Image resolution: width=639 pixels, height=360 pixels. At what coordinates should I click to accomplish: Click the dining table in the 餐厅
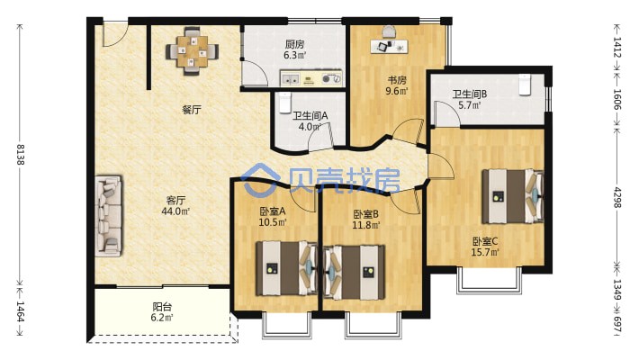pyautogui.click(x=192, y=51)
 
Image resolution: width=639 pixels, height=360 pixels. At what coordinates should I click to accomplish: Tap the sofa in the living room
pyautogui.click(x=108, y=216)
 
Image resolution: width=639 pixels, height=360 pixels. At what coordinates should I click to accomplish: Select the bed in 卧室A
pyautogui.click(x=286, y=268)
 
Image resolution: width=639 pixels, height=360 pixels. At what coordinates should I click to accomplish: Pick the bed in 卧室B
pyautogui.click(x=354, y=272)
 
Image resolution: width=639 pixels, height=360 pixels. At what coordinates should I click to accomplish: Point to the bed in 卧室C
pyautogui.click(x=513, y=196)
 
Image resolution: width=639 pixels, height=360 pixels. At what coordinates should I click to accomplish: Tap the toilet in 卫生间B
pyautogui.click(x=525, y=85)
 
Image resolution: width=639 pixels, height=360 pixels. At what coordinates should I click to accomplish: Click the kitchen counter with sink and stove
pyautogui.click(x=310, y=78)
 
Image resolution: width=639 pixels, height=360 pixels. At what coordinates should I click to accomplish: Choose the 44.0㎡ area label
pyautogui.click(x=175, y=211)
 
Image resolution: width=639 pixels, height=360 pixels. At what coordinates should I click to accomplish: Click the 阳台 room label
pyautogui.click(x=162, y=307)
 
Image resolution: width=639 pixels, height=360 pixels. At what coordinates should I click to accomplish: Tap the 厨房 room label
pyautogui.click(x=294, y=44)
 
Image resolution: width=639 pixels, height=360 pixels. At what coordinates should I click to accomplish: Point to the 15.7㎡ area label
pyautogui.click(x=485, y=252)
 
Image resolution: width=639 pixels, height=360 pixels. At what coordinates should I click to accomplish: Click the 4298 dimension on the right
pyautogui.click(x=617, y=197)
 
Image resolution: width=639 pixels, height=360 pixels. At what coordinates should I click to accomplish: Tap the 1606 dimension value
pyautogui.click(x=617, y=100)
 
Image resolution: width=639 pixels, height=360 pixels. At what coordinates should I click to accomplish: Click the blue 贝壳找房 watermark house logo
pyautogui.click(x=260, y=180)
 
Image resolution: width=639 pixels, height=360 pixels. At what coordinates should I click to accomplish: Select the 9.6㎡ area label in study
pyautogui.click(x=397, y=91)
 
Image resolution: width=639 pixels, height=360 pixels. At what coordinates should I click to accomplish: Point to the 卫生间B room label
pyautogui.click(x=470, y=94)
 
